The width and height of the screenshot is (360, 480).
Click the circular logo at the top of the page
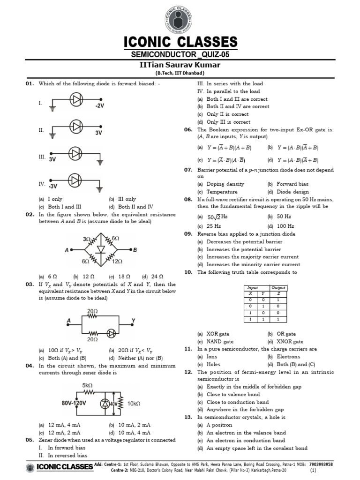180,18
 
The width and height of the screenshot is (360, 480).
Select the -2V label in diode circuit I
99,106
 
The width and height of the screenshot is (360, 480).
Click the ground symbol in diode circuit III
100,162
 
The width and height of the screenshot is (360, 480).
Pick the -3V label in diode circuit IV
53,186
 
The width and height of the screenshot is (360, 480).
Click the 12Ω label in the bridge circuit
117,262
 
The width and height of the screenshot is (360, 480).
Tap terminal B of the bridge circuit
135,250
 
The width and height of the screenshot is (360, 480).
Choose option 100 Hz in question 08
284,226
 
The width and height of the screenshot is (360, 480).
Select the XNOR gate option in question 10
290,342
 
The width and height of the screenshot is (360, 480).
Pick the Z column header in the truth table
278,293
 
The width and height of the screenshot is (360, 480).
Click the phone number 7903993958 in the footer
321,464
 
